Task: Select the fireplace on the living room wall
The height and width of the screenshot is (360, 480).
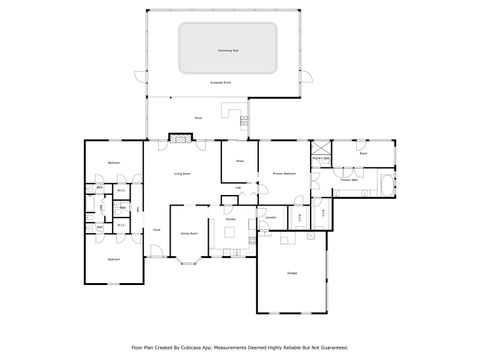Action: point(180,139)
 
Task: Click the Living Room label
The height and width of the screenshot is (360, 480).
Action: point(183,173)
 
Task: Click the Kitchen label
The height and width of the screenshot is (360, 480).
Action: point(229,218)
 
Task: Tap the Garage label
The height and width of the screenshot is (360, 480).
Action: point(291,273)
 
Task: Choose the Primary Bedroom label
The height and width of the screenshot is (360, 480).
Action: point(284,173)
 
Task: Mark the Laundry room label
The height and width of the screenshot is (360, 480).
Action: point(271,216)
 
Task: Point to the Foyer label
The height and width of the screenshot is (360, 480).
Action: point(157,230)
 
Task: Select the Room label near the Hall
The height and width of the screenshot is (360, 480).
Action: point(240,160)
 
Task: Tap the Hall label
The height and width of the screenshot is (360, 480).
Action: point(238,187)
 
